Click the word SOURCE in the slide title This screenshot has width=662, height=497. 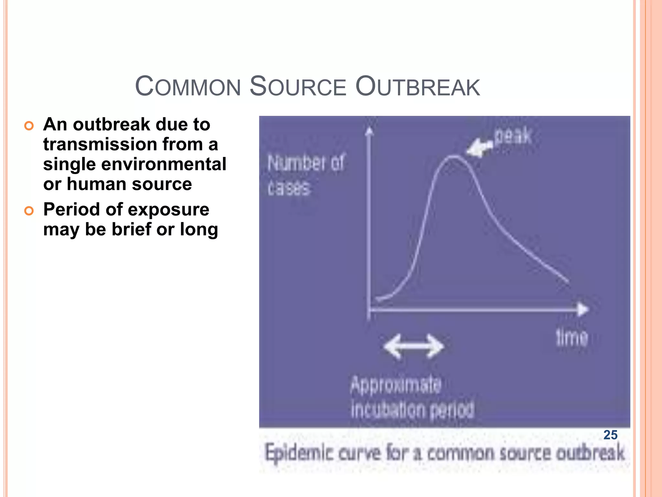point(298,86)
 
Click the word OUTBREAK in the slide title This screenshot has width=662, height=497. point(418,86)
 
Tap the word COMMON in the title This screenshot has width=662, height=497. point(188,86)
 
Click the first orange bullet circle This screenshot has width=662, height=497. point(29,126)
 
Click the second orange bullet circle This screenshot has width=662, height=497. point(29,211)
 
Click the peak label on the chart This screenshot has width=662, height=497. point(513,136)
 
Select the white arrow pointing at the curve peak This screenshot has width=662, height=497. point(479,148)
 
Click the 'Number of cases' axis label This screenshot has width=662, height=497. point(305,175)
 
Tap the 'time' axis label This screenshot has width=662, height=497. point(571,338)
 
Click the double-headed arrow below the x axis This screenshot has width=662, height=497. point(414,347)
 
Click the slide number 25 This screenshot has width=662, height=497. point(610,435)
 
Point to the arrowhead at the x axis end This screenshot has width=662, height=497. point(583,309)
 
